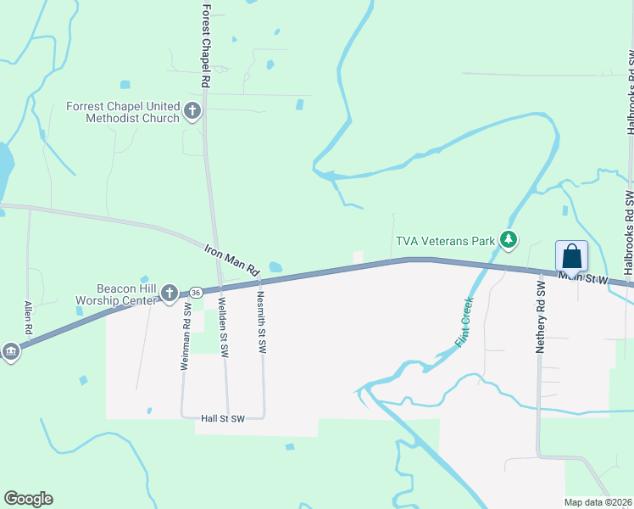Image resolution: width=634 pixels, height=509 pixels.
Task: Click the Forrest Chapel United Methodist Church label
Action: [x=124, y=112]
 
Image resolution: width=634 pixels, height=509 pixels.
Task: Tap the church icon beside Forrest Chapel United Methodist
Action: [x=192, y=110]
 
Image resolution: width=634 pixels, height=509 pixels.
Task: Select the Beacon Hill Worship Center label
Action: [x=116, y=295]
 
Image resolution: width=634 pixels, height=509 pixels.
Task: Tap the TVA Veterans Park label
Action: [x=447, y=241]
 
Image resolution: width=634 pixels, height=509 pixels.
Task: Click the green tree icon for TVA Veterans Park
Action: [x=508, y=241]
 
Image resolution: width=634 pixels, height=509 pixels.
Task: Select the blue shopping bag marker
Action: [x=572, y=256]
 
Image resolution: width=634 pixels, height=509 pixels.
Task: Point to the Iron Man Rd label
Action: [x=231, y=260]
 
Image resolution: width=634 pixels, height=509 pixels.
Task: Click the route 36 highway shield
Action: [x=196, y=293]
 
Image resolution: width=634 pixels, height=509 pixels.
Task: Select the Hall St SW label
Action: [x=222, y=419]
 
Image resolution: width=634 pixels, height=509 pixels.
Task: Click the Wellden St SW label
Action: [x=222, y=328]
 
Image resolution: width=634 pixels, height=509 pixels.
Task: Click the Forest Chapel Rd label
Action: [x=205, y=47]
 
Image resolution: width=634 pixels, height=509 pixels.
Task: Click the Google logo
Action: [x=28, y=499]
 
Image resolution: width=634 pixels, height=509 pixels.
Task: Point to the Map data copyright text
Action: [x=598, y=502]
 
